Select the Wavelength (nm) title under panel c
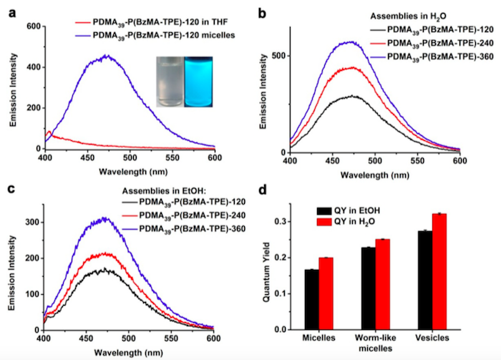point(130,351)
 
